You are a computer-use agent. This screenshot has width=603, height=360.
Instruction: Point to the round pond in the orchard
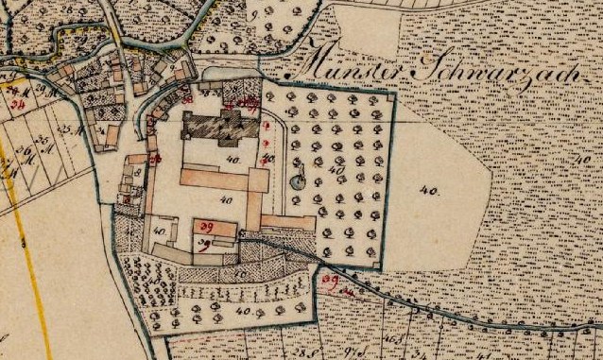[299, 181]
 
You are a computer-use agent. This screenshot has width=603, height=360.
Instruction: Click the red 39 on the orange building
[206, 227]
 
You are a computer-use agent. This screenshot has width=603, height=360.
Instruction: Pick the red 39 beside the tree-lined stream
[330, 281]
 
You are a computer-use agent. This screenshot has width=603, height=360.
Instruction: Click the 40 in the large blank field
[431, 191]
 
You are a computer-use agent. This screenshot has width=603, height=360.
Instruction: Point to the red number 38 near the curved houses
[187, 98]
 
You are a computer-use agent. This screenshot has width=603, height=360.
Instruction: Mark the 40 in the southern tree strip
[243, 311]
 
